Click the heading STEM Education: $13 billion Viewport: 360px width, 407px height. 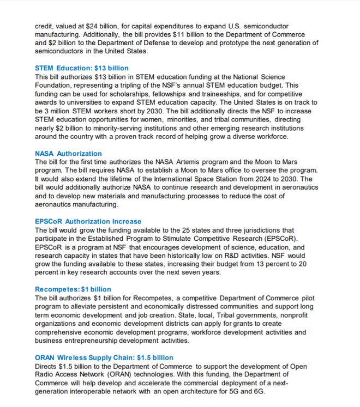click(82, 68)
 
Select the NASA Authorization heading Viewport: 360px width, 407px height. click(68, 154)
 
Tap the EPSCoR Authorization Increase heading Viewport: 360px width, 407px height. click(88, 221)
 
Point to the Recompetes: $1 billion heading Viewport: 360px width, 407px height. click(73, 289)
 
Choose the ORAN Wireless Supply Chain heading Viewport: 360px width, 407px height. click(104, 357)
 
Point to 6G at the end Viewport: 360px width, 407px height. click(259, 391)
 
